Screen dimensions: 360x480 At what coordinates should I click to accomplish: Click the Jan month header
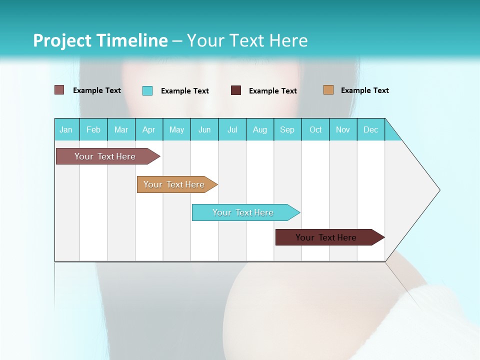point(66,129)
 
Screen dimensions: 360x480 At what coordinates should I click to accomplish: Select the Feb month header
point(93,129)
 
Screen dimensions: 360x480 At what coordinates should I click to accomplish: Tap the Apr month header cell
point(148,129)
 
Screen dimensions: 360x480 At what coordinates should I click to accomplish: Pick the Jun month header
point(204,129)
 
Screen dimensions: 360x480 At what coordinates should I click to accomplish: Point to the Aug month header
point(260,129)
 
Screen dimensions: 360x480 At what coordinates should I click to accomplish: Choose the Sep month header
point(287,129)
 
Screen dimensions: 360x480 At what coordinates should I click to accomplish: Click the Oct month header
point(315,129)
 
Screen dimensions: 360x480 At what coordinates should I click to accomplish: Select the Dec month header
point(370,129)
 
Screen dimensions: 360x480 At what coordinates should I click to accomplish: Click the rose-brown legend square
point(59,90)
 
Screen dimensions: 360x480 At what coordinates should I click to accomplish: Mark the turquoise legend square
point(147,90)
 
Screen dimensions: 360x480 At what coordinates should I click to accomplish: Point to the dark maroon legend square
point(236,90)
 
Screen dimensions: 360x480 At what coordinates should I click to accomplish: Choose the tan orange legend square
point(328,90)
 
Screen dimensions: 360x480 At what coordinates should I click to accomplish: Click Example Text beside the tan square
point(364,90)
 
